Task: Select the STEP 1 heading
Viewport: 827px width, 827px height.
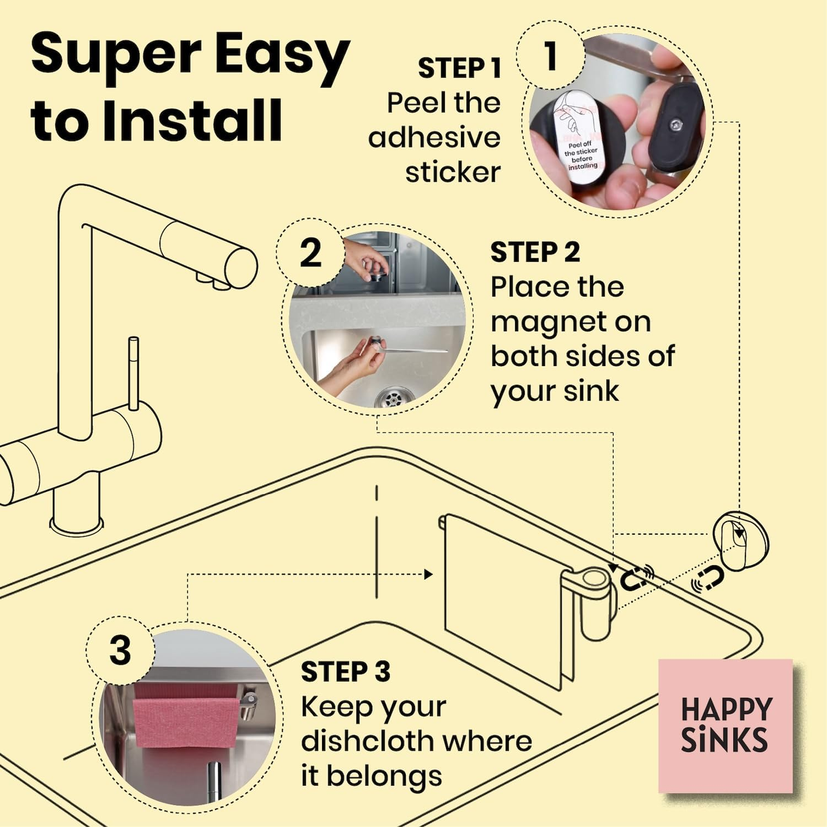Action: pos(459,68)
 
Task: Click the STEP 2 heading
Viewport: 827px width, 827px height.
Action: pos(535,253)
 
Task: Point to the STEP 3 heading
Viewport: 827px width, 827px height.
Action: pos(346,672)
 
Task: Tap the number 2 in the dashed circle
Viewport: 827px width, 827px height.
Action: pos(310,253)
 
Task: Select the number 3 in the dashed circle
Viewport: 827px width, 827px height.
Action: pos(120,650)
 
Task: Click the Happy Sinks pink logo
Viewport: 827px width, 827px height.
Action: pos(726,726)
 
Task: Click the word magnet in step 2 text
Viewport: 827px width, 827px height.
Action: pos(571,322)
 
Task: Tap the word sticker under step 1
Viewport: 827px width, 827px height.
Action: pos(453,172)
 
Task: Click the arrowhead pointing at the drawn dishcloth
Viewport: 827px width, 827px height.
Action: pos(428,574)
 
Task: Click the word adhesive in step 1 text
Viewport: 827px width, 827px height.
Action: pos(434,137)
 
